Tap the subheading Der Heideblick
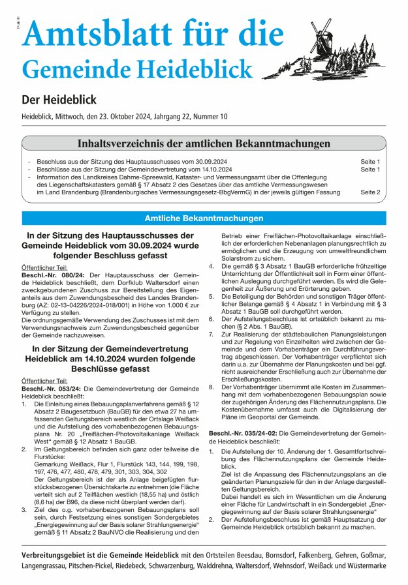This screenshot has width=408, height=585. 59,100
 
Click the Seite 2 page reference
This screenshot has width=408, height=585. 370,192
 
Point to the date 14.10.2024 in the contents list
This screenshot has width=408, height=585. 207,169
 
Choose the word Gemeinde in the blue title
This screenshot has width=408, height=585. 61,68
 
